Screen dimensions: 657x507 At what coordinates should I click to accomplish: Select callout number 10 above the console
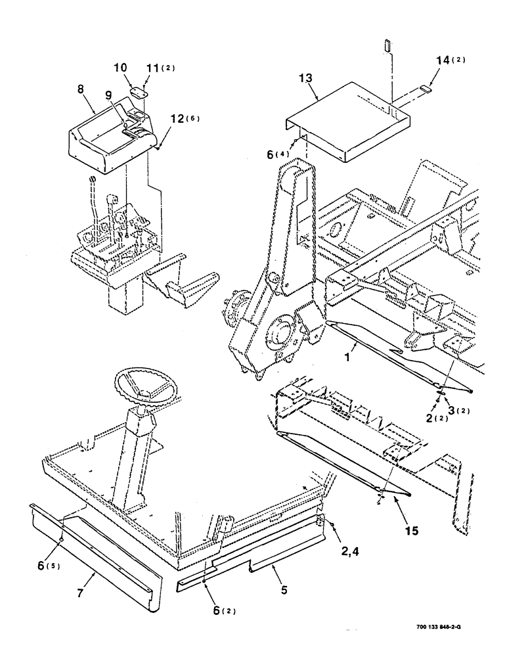pyautogui.click(x=123, y=68)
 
